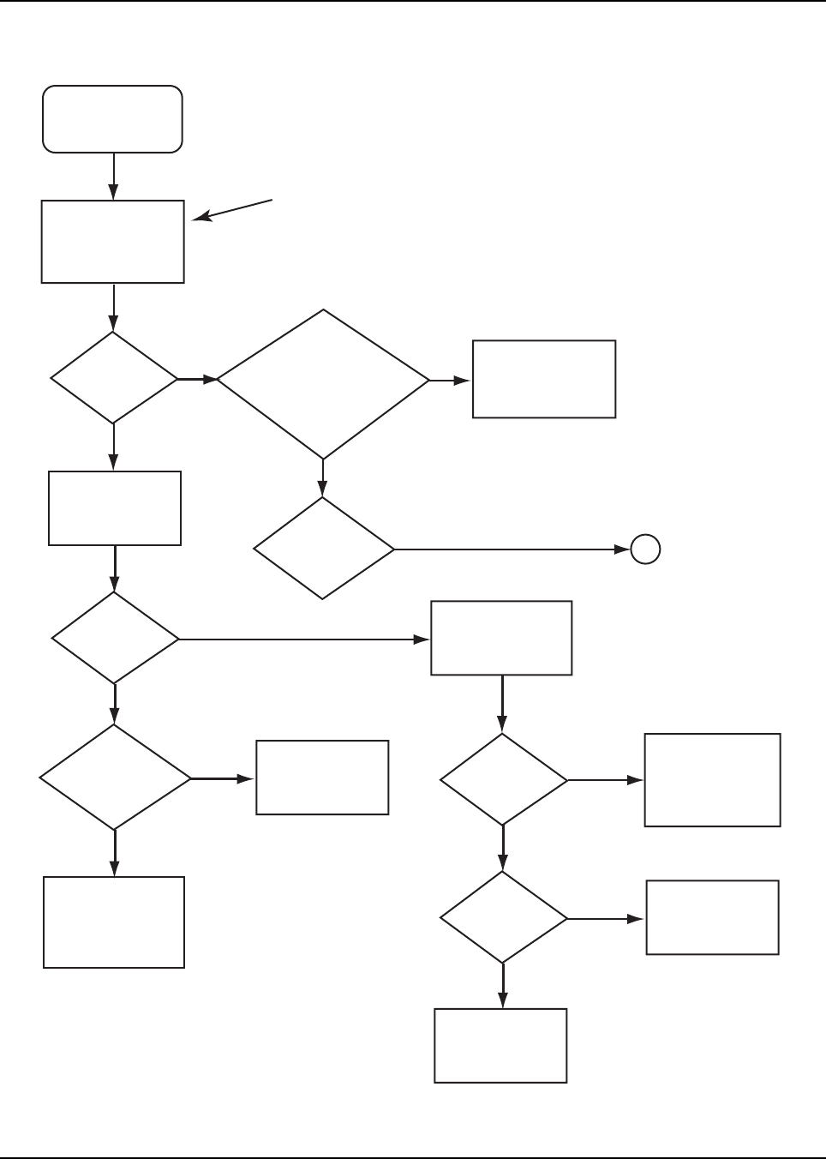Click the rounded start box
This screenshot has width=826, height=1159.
pyautogui.click(x=113, y=119)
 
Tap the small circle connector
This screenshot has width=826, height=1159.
pyautogui.click(x=645, y=549)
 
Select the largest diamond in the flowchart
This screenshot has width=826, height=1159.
pyautogui.click(x=323, y=383)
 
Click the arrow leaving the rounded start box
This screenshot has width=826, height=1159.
pyautogui.click(x=114, y=177)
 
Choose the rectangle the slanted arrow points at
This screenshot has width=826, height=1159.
pyautogui.click(x=113, y=242)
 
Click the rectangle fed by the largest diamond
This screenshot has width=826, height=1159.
pyautogui.click(x=544, y=379)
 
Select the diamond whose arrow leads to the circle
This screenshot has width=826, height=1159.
pyautogui.click(x=324, y=549)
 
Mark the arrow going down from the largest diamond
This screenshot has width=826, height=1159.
pyautogui.click(x=323, y=478)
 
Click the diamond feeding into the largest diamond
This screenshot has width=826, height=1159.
pyautogui.click(x=114, y=378)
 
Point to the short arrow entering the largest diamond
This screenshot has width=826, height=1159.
pyautogui.click(x=197, y=379)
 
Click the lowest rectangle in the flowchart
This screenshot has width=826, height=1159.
pyautogui.click(x=501, y=1046)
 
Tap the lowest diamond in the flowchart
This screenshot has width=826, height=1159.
pyautogui.click(x=503, y=918)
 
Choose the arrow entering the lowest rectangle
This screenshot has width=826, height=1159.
pyautogui.click(x=503, y=986)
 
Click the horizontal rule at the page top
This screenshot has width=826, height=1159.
pyautogui.click(x=413, y=2)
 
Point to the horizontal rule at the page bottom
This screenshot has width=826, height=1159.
pyautogui.click(x=413, y=1157)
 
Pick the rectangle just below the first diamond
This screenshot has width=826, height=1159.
pyautogui.click(x=115, y=507)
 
